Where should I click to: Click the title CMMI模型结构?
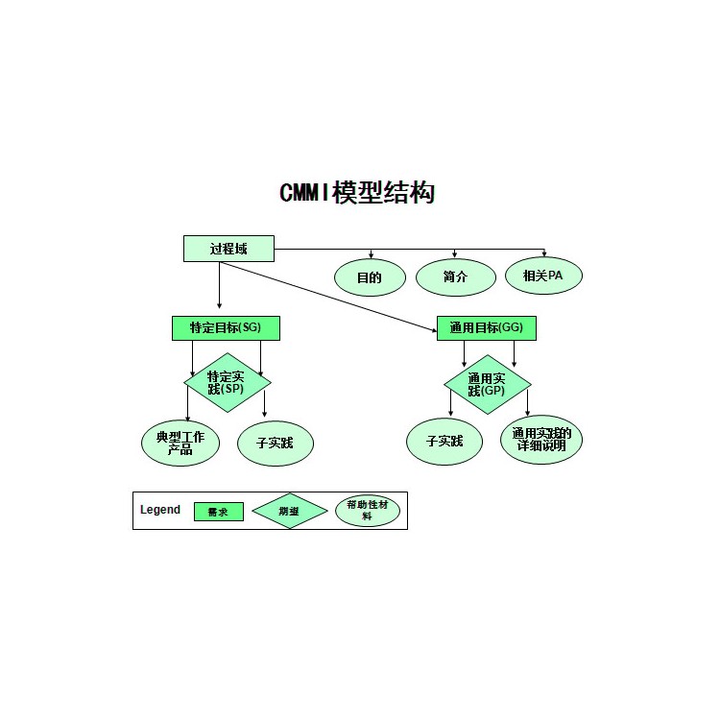pyautogui.click(x=357, y=193)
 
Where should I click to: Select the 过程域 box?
pyautogui.click(x=228, y=249)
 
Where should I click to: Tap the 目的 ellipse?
pyautogui.click(x=370, y=277)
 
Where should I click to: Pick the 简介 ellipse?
pyautogui.click(x=455, y=277)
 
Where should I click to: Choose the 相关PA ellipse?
pyautogui.click(x=543, y=276)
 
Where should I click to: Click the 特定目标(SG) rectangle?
pyautogui.click(x=226, y=327)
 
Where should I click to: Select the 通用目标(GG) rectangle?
pyautogui.click(x=486, y=327)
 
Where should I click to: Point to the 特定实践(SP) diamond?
pyautogui.click(x=227, y=382)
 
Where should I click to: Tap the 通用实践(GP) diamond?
pyautogui.click(x=487, y=384)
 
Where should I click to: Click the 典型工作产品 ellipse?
pyautogui.click(x=180, y=443)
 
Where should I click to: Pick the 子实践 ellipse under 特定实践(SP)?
pyautogui.click(x=276, y=444)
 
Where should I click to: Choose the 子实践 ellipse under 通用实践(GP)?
pyautogui.click(x=444, y=442)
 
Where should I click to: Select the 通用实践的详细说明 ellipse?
pyautogui.click(x=542, y=441)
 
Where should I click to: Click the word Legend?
pyautogui.click(x=160, y=510)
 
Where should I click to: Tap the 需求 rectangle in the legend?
pyautogui.click(x=218, y=512)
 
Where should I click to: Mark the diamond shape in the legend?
pyautogui.click(x=289, y=512)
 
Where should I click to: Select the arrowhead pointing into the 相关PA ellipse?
pyautogui.click(x=544, y=253)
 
